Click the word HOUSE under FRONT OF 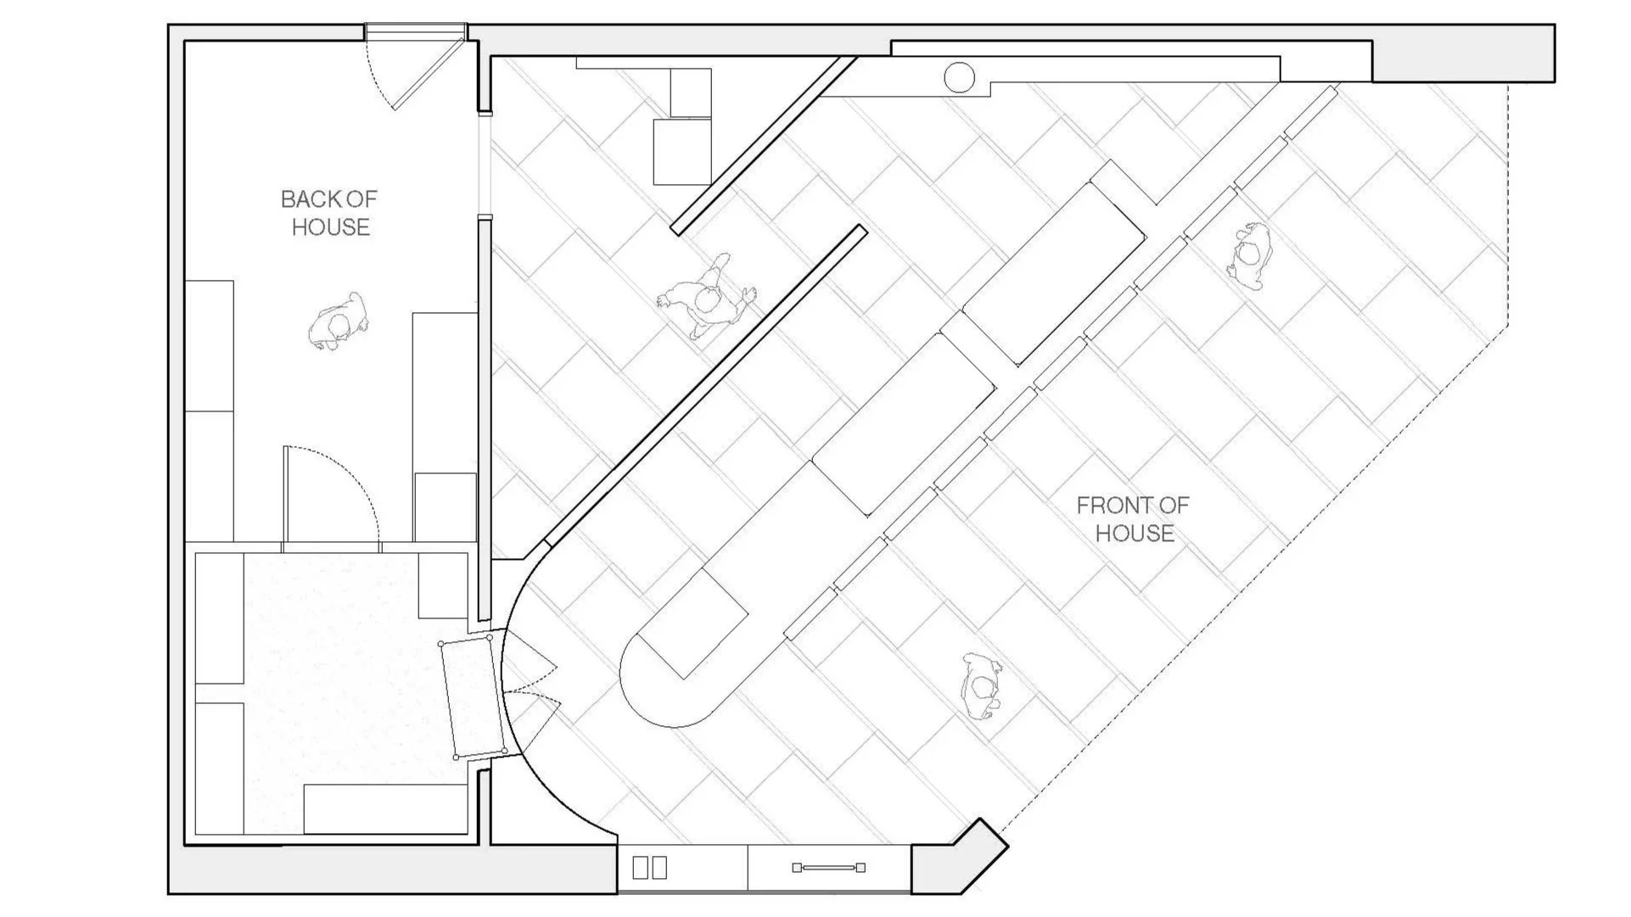point(1135,534)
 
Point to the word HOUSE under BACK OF point(331,227)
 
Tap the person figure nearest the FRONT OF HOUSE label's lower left point(983,687)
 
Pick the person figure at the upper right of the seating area point(1248,255)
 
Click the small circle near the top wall point(960,77)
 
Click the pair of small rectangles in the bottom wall point(650,867)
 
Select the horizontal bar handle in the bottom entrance point(828,867)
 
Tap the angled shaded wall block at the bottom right point(960,856)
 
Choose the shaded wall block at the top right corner point(1464,53)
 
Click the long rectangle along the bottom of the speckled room point(386,809)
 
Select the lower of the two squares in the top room point(682,152)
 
